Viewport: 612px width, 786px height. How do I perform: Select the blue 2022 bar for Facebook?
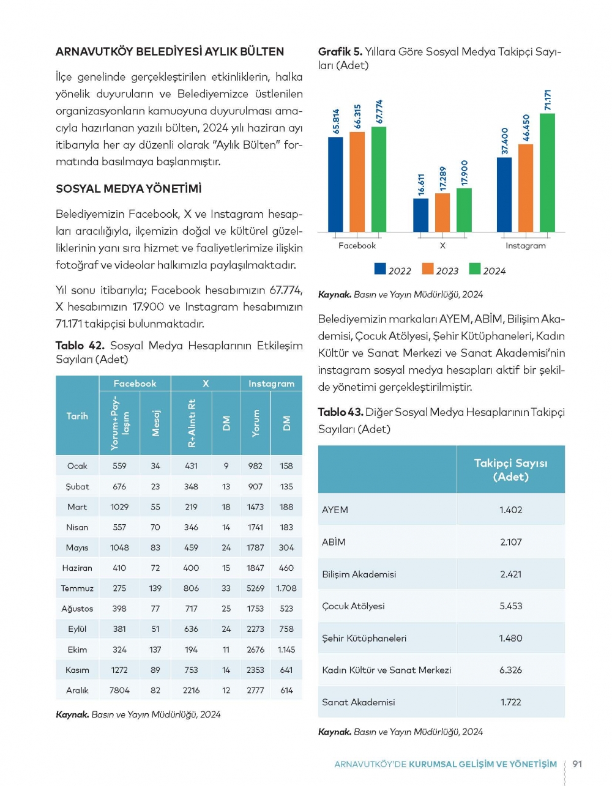pyautogui.click(x=335, y=184)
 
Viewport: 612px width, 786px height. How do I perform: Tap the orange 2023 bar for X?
pyautogui.click(x=442, y=212)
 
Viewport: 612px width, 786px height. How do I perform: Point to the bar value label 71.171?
pyautogui.click(x=548, y=100)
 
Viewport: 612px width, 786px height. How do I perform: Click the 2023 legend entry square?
pyautogui.click(x=428, y=269)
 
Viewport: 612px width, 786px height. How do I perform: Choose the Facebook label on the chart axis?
pyautogui.click(x=357, y=246)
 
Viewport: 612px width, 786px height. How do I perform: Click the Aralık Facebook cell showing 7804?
pyautogui.click(x=119, y=691)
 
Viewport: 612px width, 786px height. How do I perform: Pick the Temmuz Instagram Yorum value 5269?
pyautogui.click(x=255, y=588)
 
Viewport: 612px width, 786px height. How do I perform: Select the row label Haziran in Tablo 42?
pyautogui.click(x=77, y=568)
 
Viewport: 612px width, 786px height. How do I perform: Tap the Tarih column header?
pyautogui.click(x=77, y=416)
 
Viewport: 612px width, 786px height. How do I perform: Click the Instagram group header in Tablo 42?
pyautogui.click(x=271, y=384)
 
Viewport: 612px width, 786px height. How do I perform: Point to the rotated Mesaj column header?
pyautogui.click(x=155, y=423)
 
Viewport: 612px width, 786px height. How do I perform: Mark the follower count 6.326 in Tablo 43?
pyautogui.click(x=510, y=670)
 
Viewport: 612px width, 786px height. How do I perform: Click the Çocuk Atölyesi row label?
pyautogui.click(x=353, y=606)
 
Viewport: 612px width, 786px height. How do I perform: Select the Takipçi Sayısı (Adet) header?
pyautogui.click(x=510, y=470)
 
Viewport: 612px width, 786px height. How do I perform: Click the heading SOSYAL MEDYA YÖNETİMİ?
pyautogui.click(x=129, y=189)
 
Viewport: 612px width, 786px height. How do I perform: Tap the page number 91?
pyautogui.click(x=577, y=764)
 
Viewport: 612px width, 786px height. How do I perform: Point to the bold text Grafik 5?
pyautogui.click(x=340, y=52)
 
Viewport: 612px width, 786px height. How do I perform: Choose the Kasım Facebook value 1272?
pyautogui.click(x=119, y=670)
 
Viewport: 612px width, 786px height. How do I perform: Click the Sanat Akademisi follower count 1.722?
pyautogui.click(x=510, y=702)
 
